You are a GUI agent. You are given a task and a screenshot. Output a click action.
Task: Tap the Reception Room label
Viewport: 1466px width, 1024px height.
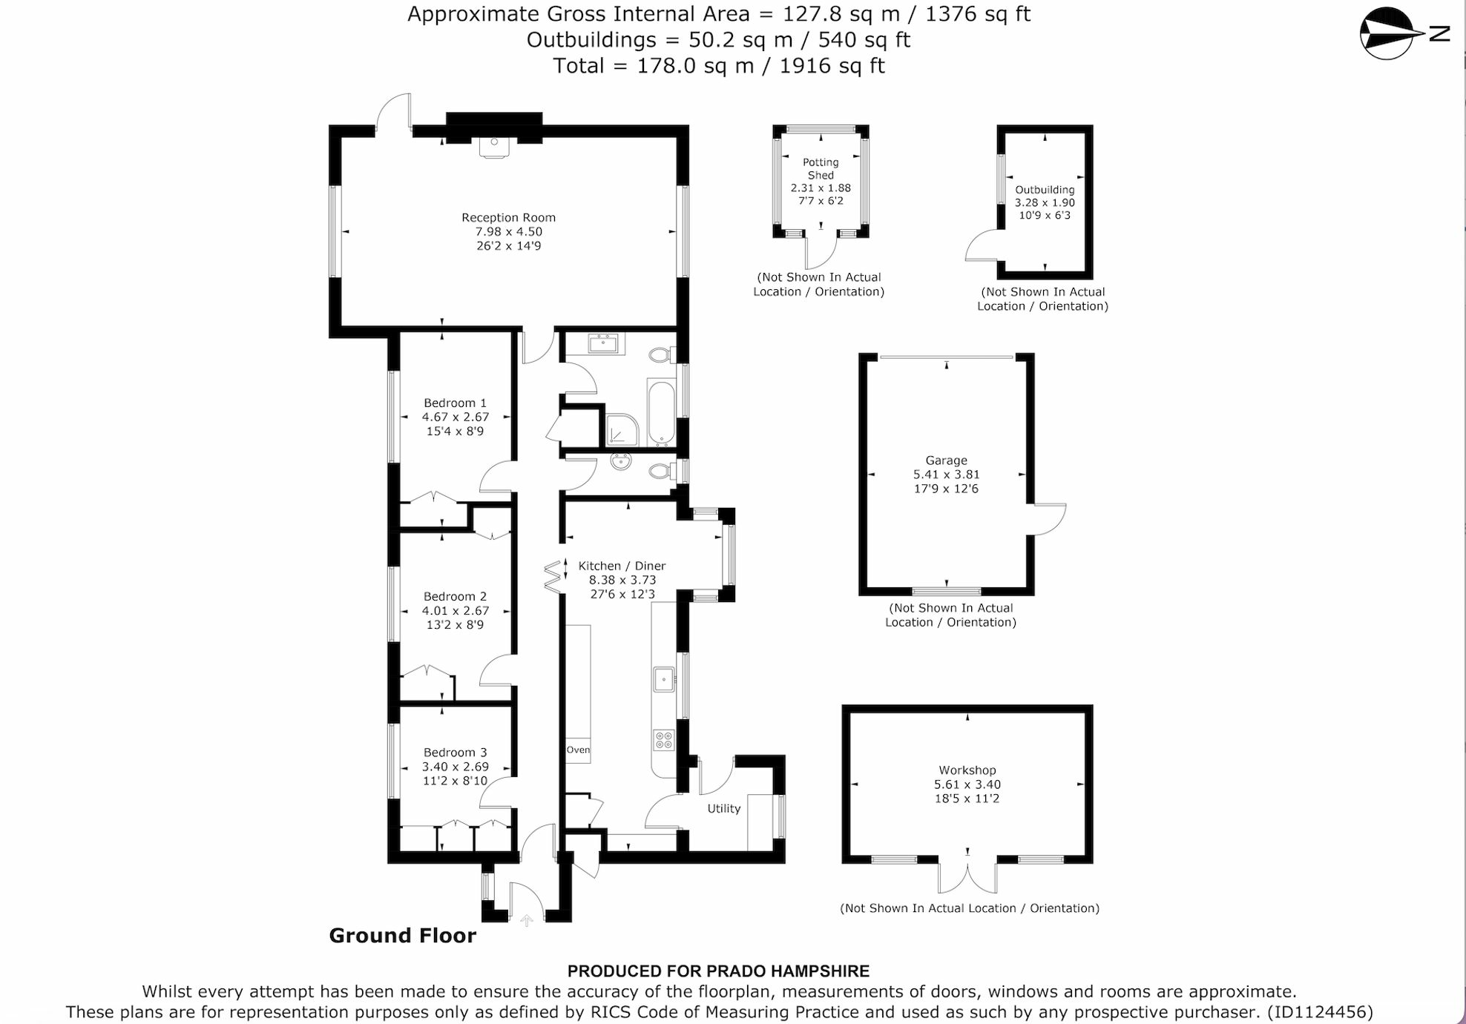pyautogui.click(x=508, y=218)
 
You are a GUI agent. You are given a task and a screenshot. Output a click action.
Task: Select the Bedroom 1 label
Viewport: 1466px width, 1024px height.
pyautogui.click(x=455, y=403)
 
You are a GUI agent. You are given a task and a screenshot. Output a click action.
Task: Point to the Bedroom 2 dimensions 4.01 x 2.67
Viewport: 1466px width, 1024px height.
pyautogui.click(x=456, y=611)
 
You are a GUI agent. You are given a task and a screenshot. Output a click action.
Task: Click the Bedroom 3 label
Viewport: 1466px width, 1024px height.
pyautogui.click(x=455, y=753)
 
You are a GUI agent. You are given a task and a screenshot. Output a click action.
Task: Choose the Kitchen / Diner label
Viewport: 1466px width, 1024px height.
pyautogui.click(x=622, y=566)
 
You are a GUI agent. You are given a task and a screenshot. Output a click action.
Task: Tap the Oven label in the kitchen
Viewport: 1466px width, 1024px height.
pyautogui.click(x=579, y=750)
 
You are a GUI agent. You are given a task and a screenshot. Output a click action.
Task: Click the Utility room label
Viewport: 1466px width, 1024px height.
pyautogui.click(x=723, y=809)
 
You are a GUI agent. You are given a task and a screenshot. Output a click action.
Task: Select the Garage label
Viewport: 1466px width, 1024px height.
pyautogui.click(x=946, y=460)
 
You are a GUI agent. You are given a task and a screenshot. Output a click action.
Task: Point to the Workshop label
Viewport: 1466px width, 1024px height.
pyautogui.click(x=967, y=770)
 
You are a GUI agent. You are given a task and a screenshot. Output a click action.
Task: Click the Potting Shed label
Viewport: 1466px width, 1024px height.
pyautogui.click(x=821, y=169)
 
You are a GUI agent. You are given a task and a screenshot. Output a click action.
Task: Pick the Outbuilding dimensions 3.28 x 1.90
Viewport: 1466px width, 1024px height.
pyautogui.click(x=1045, y=202)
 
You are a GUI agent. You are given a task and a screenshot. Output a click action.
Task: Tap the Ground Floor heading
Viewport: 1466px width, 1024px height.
pyautogui.click(x=402, y=936)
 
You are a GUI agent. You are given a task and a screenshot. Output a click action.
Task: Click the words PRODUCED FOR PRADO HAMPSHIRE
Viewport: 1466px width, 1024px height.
pyautogui.click(x=718, y=971)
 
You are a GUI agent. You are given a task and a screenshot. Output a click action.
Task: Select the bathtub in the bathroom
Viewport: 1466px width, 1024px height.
pyautogui.click(x=661, y=412)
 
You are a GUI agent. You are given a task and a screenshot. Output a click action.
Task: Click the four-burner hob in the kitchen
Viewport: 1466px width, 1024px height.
pyautogui.click(x=663, y=739)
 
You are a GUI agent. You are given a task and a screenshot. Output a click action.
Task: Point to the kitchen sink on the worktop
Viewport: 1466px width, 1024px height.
pyautogui.click(x=663, y=679)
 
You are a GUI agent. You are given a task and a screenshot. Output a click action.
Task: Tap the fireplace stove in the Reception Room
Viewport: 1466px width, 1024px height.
pyautogui.click(x=493, y=147)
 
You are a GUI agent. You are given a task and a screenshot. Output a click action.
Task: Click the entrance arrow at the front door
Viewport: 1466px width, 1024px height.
pyautogui.click(x=527, y=921)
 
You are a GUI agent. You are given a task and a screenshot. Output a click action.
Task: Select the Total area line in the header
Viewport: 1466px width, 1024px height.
pyautogui.click(x=718, y=66)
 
